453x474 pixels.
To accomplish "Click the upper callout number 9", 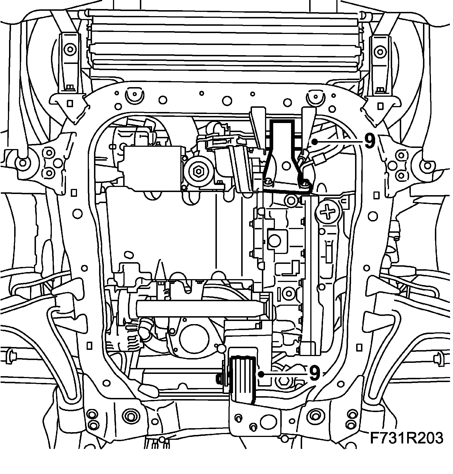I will tap(369, 141).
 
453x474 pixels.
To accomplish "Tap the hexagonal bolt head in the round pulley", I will tap(197, 170).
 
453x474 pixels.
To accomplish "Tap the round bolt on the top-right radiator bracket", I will tap(379, 51).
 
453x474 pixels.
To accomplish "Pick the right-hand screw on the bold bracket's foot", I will tap(305, 184).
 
